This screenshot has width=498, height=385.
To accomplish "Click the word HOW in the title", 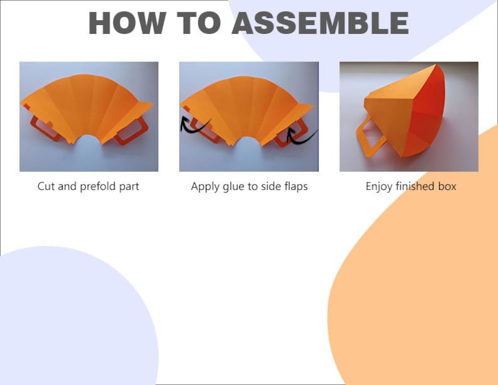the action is [x=127, y=23].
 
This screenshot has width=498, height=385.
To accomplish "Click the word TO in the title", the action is [x=199, y=23].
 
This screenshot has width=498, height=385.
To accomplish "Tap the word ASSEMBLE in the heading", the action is [x=321, y=23].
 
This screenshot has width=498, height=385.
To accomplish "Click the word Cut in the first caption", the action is [x=46, y=186].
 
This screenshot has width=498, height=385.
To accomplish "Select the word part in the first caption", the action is [x=129, y=187].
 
